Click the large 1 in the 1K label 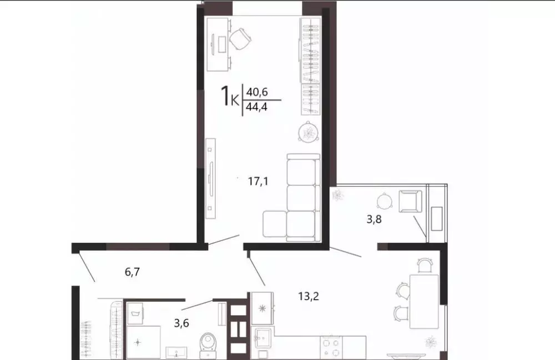point(226,95)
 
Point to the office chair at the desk point(240,38)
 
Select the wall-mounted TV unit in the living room point(210,178)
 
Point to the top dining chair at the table point(424,266)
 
